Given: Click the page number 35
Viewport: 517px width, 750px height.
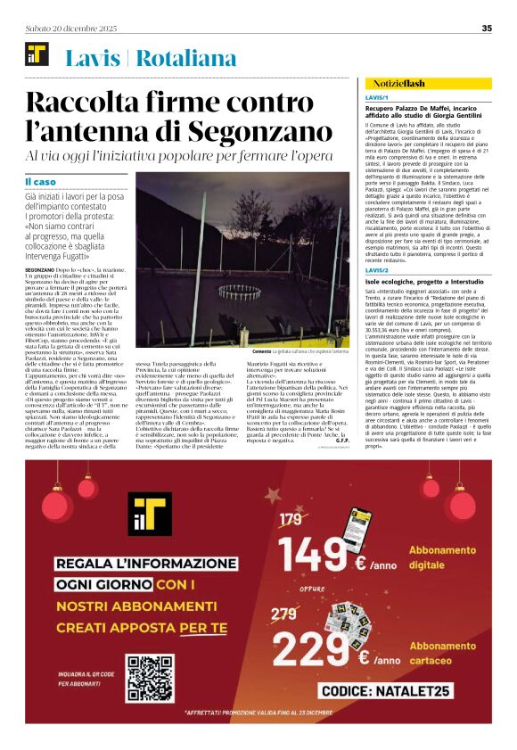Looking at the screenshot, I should pos(487,28).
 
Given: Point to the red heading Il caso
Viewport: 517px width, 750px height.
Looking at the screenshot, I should pos(42,182).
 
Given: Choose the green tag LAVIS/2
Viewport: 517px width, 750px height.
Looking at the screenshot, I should pos(377,269).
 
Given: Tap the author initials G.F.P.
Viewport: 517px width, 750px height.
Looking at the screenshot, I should pos(342,416).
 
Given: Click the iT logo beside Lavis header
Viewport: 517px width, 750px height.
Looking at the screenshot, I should pos(37,57).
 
